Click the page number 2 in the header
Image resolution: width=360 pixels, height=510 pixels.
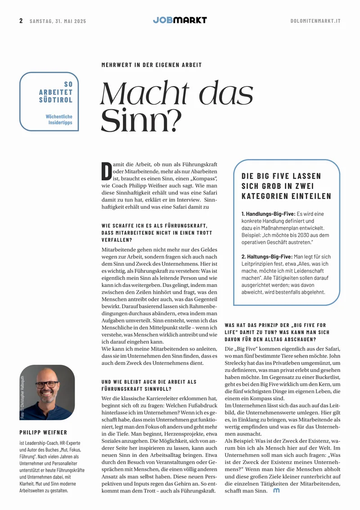coord(21,21)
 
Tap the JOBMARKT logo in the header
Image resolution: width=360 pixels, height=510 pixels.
coord(180,20)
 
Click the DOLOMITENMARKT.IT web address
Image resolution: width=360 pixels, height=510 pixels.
coord(315,21)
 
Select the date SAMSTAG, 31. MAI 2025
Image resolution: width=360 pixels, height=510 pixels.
coord(58,21)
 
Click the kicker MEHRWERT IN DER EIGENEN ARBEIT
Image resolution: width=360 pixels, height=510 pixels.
coord(152,65)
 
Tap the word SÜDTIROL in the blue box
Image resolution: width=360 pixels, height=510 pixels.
coord(56,100)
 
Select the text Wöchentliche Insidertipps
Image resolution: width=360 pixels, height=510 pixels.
coord(59,119)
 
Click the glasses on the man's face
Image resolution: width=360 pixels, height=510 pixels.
coord(46,385)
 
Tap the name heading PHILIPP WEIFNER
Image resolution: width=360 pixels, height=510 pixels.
coord(43,433)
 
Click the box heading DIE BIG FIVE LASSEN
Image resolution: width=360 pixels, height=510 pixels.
coord(281,176)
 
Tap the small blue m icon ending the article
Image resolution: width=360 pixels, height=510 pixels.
coord(276,491)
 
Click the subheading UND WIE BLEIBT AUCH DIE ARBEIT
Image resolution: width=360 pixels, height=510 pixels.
coord(149,382)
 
